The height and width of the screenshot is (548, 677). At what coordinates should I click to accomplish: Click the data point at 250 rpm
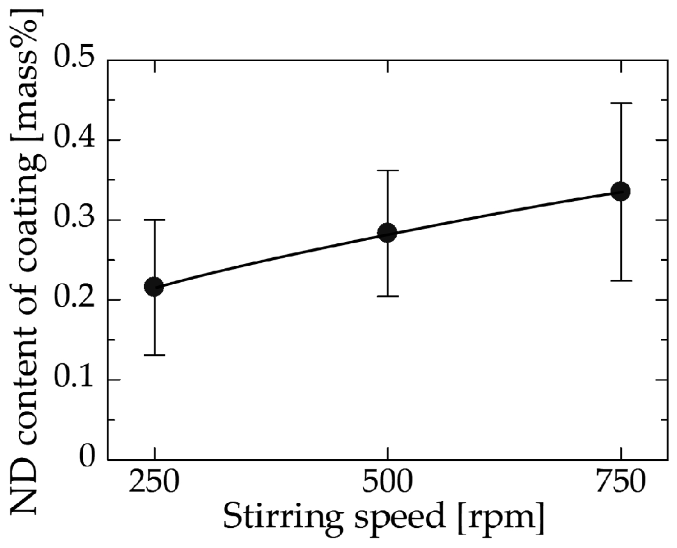point(154,286)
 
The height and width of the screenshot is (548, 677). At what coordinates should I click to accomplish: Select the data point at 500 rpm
point(387,232)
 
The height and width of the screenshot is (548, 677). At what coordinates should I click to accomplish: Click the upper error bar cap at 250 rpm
point(154,219)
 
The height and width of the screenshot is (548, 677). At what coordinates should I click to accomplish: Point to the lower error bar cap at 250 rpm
point(154,355)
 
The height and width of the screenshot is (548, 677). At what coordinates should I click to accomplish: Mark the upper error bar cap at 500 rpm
point(387,171)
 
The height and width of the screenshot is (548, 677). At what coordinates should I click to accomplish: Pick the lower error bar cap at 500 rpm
point(387,296)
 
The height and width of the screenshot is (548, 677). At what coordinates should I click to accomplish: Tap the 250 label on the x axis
point(154,484)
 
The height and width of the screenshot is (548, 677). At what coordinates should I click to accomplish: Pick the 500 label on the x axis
point(387,484)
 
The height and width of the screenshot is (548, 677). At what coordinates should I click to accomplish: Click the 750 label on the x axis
point(620,484)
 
